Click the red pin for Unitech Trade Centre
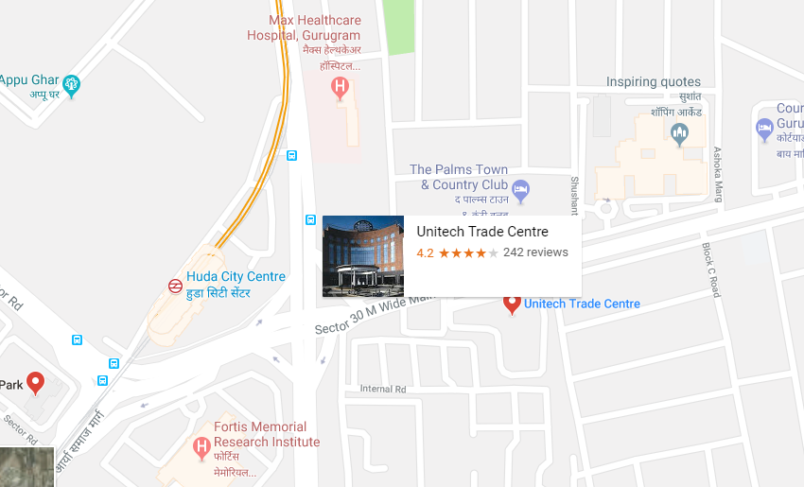click(x=512, y=304)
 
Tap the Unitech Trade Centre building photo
click(x=363, y=256)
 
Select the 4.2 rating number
click(x=425, y=252)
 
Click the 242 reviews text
click(x=535, y=252)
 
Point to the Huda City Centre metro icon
click(x=176, y=285)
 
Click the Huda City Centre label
click(x=236, y=277)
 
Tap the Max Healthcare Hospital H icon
click(x=340, y=88)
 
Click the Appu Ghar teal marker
click(x=71, y=86)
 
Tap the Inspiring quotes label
click(x=654, y=82)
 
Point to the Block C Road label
click(x=710, y=270)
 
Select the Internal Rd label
click(x=382, y=389)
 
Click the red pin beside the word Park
click(x=36, y=382)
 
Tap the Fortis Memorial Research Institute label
click(x=267, y=434)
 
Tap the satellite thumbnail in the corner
click(x=26, y=467)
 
